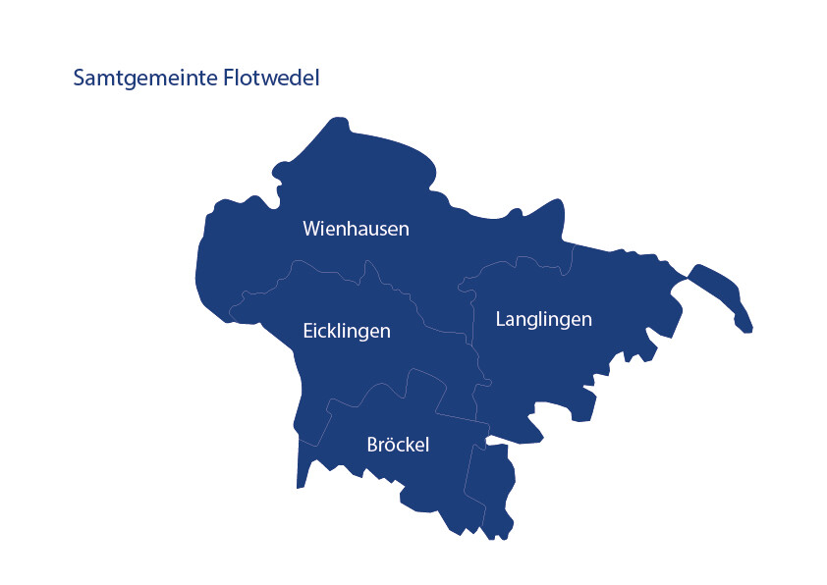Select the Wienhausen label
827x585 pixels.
(x=356, y=229)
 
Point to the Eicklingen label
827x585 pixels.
(x=347, y=331)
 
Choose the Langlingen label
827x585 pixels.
(x=543, y=320)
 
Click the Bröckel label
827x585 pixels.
(x=398, y=445)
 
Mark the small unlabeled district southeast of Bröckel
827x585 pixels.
(x=491, y=486)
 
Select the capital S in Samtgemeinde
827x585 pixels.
(x=80, y=78)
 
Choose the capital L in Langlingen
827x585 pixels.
(x=501, y=320)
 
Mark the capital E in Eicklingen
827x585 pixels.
(x=308, y=331)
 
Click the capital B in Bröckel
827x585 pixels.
(x=372, y=445)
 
